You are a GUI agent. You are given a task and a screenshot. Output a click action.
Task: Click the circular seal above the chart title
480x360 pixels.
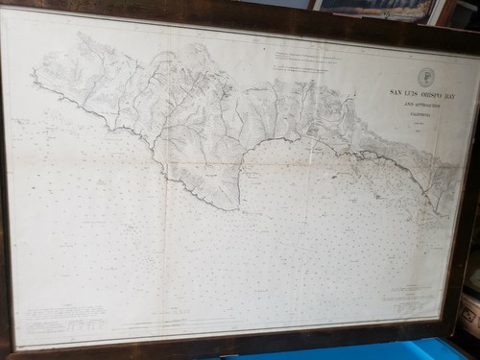[425, 78]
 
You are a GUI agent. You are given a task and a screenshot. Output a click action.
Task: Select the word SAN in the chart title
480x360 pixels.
[395, 92]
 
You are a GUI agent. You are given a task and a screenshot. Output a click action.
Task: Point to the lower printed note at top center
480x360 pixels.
[305, 70]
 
